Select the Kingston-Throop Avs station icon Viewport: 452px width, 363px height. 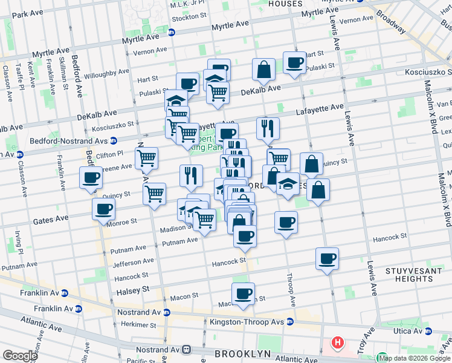point(290,321)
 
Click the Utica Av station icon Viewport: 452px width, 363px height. point(428,331)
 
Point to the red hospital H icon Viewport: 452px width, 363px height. point(338,343)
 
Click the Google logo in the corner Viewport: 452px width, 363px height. point(19,355)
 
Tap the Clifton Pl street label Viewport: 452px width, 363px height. point(111,154)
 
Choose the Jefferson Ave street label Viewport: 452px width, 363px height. point(134,262)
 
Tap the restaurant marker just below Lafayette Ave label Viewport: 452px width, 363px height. point(267,128)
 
